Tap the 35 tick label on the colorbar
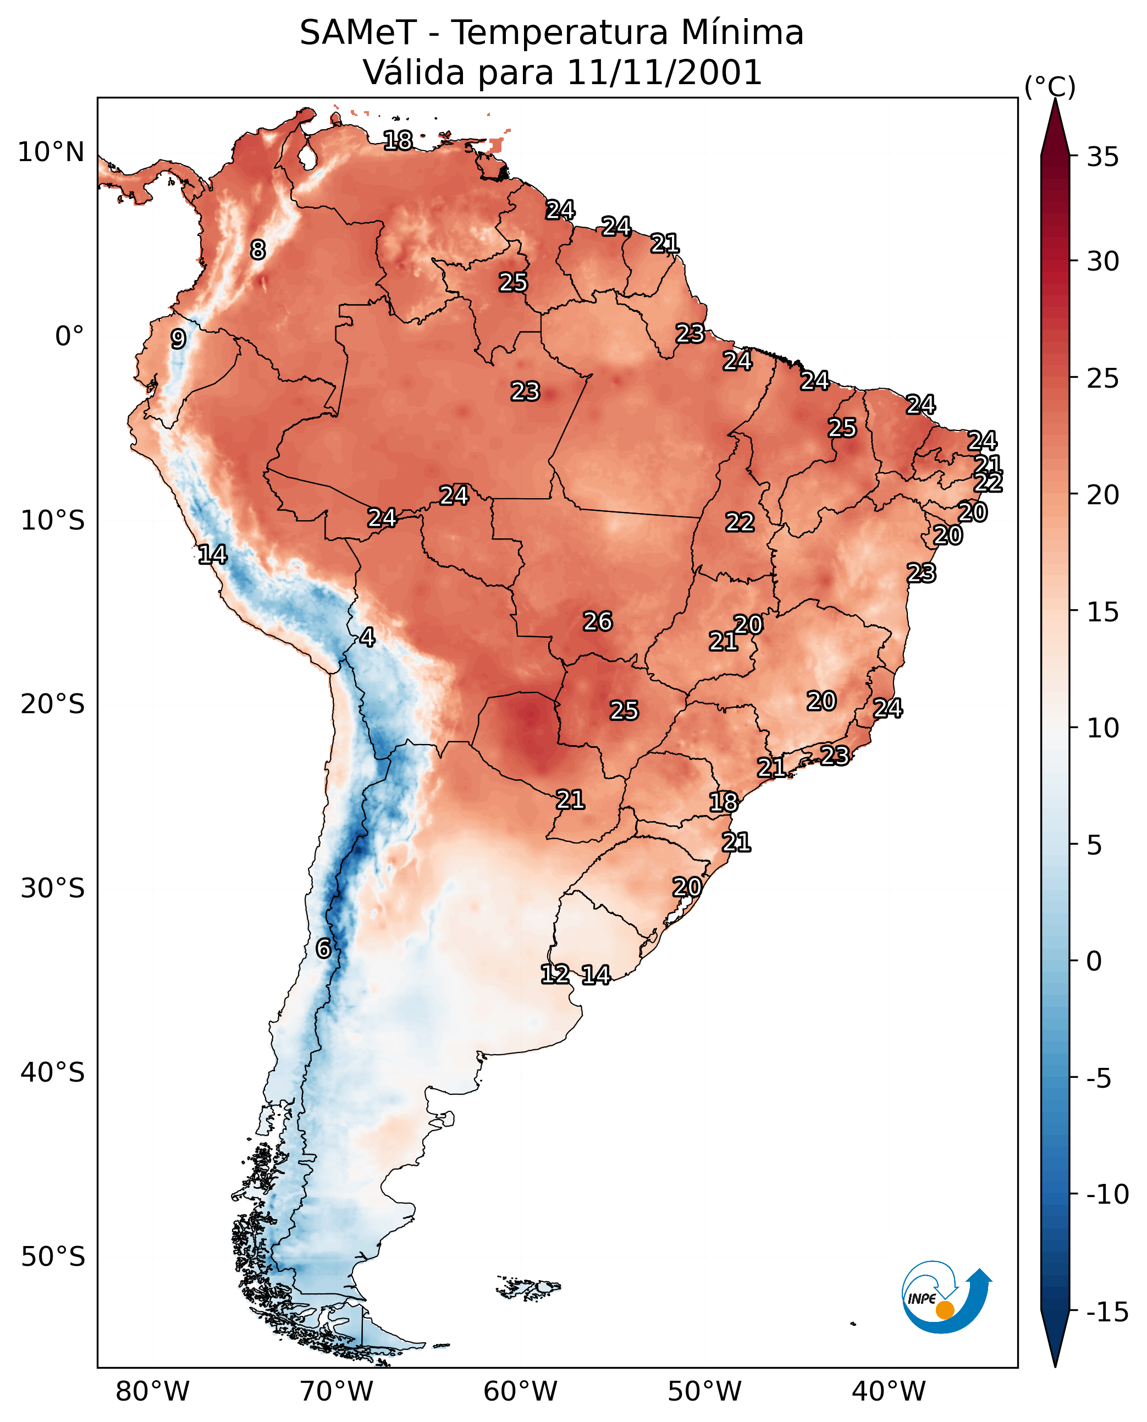point(1102,157)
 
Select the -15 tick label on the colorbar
point(1107,1311)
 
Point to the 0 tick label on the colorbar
point(1094,961)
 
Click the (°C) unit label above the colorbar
point(1050,86)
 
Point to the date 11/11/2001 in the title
point(665,72)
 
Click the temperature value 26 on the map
point(597,621)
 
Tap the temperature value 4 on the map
point(367,637)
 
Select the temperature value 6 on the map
point(323,948)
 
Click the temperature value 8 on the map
point(258,250)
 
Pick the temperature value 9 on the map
point(178,339)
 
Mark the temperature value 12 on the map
point(555,973)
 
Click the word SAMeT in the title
point(358,32)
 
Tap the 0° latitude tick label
point(69,337)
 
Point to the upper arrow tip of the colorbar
point(1055,99)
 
